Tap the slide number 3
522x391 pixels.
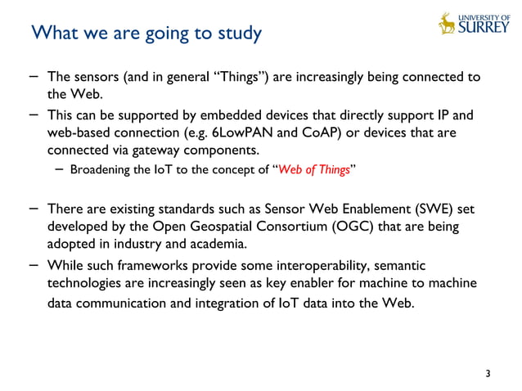(x=488, y=375)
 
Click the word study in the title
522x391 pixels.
(x=237, y=34)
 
